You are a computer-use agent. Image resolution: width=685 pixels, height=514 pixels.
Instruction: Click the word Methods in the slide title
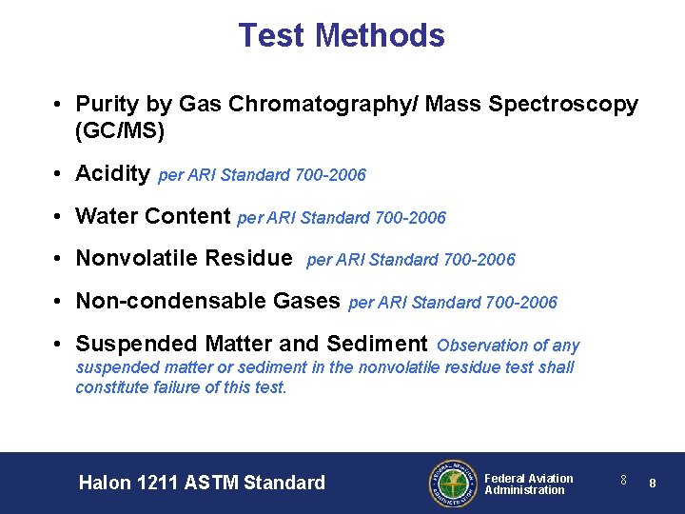(380, 35)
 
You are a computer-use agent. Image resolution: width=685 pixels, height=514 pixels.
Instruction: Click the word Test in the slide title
(272, 35)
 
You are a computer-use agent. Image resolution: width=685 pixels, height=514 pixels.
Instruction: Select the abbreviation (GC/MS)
(120, 131)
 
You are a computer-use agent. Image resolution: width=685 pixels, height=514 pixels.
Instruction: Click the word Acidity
(112, 174)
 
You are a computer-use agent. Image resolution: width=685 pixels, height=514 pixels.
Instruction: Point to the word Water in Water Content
(106, 216)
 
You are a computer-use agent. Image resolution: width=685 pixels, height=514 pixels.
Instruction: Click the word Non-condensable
(157, 301)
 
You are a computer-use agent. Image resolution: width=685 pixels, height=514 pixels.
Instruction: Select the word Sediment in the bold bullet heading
(377, 344)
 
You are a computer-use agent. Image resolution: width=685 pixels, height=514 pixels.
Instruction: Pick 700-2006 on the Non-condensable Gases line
(521, 303)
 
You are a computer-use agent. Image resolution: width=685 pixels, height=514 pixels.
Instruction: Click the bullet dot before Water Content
(59, 217)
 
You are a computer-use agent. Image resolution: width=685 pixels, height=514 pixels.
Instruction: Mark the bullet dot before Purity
(59, 105)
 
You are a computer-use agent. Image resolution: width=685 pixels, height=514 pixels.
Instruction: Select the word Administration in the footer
(524, 490)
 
